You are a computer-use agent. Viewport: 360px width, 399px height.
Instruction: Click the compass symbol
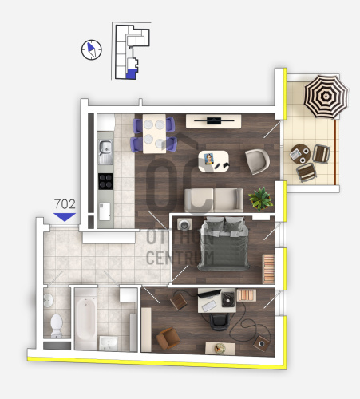tap(92, 49)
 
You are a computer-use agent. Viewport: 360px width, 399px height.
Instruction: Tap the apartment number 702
tap(65, 204)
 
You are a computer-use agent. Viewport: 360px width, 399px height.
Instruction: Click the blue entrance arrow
tap(65, 217)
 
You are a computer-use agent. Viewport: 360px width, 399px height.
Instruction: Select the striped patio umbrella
tap(326, 97)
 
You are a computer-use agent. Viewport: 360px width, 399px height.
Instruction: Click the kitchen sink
tap(105, 152)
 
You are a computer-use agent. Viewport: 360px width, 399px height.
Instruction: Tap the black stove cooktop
tap(105, 181)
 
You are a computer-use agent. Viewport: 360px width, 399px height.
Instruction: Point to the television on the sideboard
tap(214, 120)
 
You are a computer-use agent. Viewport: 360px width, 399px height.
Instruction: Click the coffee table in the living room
tap(214, 161)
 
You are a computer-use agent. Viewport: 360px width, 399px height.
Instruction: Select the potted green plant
tap(260, 199)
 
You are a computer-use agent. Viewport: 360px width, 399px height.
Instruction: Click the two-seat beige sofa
tap(214, 200)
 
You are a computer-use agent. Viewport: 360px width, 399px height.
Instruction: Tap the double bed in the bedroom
tap(224, 243)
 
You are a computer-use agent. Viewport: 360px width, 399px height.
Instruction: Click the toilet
tap(57, 326)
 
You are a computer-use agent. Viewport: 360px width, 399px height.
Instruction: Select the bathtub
tap(85, 318)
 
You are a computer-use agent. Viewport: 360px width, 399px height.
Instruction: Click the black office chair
tap(220, 322)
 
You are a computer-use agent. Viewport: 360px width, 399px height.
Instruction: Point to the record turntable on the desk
tap(228, 299)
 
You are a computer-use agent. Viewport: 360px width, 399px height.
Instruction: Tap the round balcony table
tap(300, 154)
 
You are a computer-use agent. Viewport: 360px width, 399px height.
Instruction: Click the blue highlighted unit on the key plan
tap(132, 73)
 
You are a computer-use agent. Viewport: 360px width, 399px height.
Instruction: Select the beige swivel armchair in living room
tap(257, 161)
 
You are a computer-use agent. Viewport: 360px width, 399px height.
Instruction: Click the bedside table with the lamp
tap(184, 224)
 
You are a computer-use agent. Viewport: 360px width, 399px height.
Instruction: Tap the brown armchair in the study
tap(168, 338)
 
